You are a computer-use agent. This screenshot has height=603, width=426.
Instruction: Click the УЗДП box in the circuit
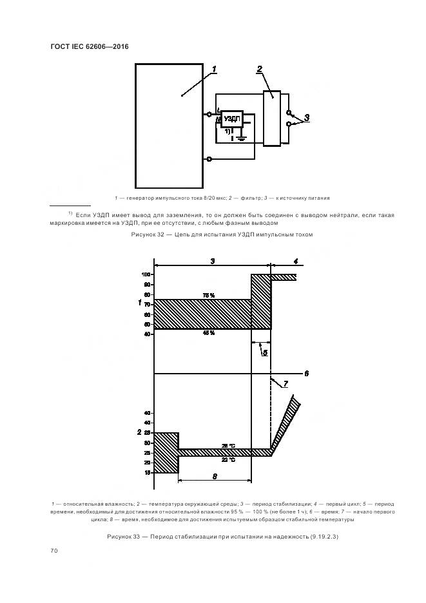tap(232, 118)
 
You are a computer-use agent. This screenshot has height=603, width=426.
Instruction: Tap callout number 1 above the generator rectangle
tap(215, 69)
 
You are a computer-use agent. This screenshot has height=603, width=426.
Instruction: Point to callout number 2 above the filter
tap(259, 69)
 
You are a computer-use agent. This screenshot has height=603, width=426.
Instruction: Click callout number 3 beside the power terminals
tap(307, 117)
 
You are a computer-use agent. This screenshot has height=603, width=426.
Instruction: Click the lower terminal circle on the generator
tap(209, 158)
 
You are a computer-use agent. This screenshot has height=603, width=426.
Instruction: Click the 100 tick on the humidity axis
tap(146, 274)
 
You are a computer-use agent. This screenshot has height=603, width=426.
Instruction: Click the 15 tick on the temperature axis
tap(147, 472)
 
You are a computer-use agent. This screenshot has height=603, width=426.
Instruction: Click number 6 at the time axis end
tap(307, 373)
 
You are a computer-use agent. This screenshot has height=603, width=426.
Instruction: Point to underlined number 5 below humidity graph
tap(264, 352)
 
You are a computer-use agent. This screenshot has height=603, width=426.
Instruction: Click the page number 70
tap(54, 551)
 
